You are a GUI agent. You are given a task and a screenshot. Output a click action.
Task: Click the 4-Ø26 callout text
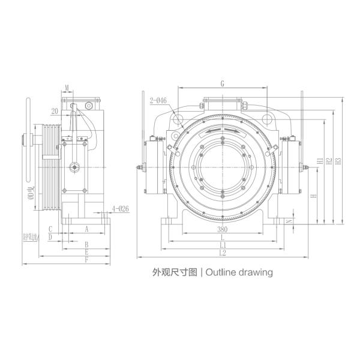pos(121,209)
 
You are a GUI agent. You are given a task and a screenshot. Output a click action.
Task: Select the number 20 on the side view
pos(55,110)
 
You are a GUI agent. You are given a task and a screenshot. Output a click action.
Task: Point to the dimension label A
pos(86,229)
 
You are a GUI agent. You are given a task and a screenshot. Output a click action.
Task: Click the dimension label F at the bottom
pos(86,260)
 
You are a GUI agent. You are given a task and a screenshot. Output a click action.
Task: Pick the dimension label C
pos(50,229)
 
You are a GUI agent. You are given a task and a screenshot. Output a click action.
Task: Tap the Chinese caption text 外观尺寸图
pos(175,272)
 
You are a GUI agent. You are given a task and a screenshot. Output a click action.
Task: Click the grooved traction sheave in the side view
pos(48,166)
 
